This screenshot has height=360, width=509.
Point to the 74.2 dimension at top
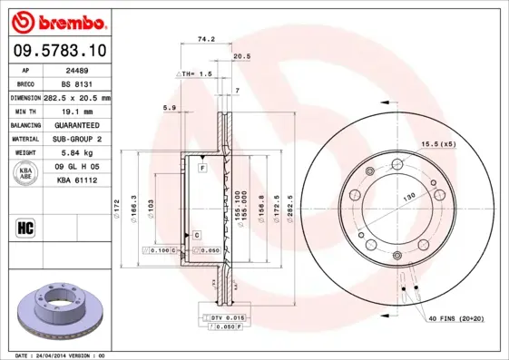(205, 39)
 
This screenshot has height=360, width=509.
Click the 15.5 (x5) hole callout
(436, 144)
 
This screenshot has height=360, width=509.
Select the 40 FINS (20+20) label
(456, 318)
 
